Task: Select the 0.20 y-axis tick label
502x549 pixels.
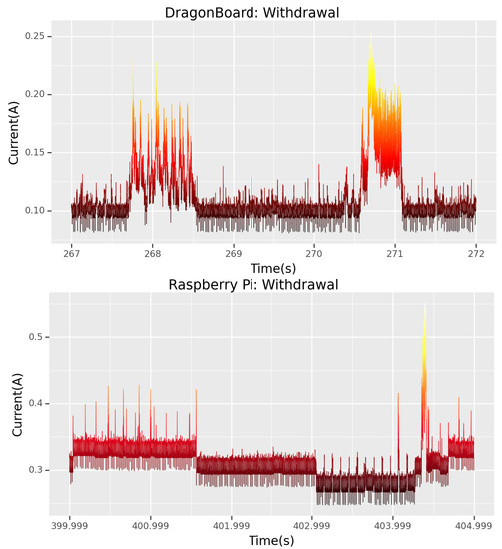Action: point(40,94)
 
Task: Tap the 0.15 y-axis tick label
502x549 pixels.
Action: point(40,152)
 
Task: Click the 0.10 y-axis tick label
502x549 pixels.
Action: point(40,210)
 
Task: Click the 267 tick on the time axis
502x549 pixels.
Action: point(72,255)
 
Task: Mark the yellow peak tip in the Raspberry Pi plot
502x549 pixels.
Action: point(425,307)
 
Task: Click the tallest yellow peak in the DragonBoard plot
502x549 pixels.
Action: point(371,35)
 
